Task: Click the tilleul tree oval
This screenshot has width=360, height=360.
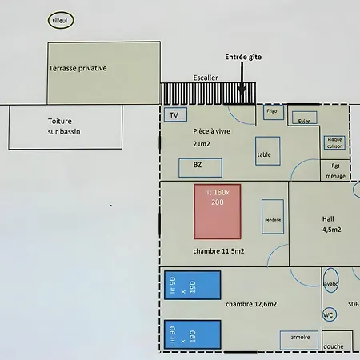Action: pos(61,13)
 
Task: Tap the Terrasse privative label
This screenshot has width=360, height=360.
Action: pos(78,68)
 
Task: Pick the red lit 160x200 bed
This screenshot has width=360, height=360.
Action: pos(218,211)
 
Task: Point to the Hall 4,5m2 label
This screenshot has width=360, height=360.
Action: pos(331,224)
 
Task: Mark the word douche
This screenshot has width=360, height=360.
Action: pos(334,346)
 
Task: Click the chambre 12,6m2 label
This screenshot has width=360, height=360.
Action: pos(251,304)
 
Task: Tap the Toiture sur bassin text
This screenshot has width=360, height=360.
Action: pos(64,126)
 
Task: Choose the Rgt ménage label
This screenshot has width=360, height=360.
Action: pos(335,171)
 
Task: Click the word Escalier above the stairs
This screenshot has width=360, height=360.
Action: pos(206,78)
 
